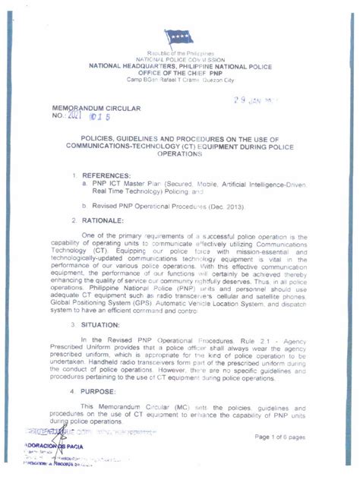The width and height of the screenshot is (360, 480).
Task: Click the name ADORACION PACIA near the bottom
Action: tap(50, 446)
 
